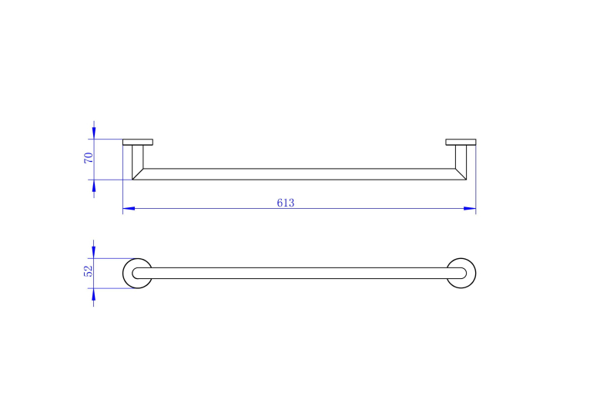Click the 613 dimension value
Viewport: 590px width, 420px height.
[286, 203]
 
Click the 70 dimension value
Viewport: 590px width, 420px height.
[89, 158]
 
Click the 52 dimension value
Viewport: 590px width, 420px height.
[88, 271]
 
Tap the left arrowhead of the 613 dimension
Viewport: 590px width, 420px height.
[129, 208]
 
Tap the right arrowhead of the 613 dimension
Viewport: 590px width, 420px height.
[470, 208]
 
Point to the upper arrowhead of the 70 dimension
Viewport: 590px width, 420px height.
[94, 133]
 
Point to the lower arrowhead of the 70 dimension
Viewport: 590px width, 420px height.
[94, 186]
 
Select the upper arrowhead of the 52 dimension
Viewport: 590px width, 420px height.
[93, 252]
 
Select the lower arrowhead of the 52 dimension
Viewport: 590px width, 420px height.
[93, 294]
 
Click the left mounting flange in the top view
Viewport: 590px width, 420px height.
[138, 142]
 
